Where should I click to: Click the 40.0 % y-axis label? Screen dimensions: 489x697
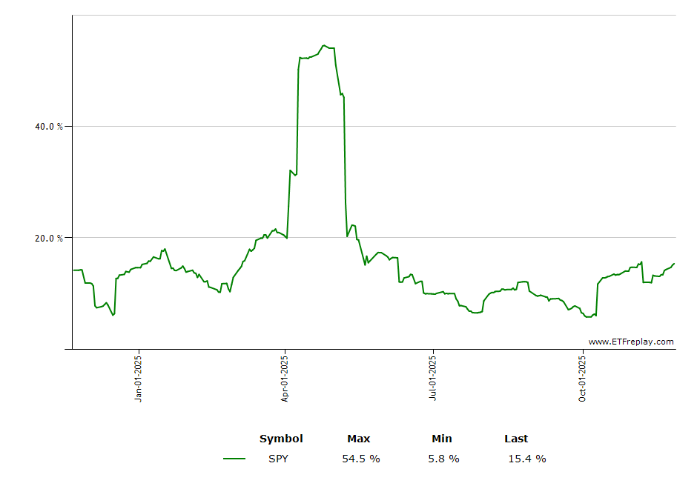pos(49,126)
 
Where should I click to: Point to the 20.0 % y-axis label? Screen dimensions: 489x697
pos(49,238)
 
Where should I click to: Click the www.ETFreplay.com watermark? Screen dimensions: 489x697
pos(631,342)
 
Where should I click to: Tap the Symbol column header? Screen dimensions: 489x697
pos(281,439)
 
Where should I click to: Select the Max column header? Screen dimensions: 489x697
pos(359,439)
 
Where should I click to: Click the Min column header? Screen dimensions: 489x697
pos(442,439)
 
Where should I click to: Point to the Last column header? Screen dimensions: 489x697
pos(516,439)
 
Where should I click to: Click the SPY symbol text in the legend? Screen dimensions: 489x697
pos(279,459)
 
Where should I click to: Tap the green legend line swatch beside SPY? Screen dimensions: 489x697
pos(234,459)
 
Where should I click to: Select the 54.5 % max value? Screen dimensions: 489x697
pos(361,459)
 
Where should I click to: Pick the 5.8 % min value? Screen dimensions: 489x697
pos(443,459)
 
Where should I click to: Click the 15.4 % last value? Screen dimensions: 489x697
pos(526,459)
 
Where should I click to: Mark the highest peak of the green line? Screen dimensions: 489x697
pos(324,45)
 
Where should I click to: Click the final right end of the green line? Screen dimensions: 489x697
pos(674,263)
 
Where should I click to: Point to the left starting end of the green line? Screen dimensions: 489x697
pos(73,270)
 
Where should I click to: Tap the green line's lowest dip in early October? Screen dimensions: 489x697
pos(589,316)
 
